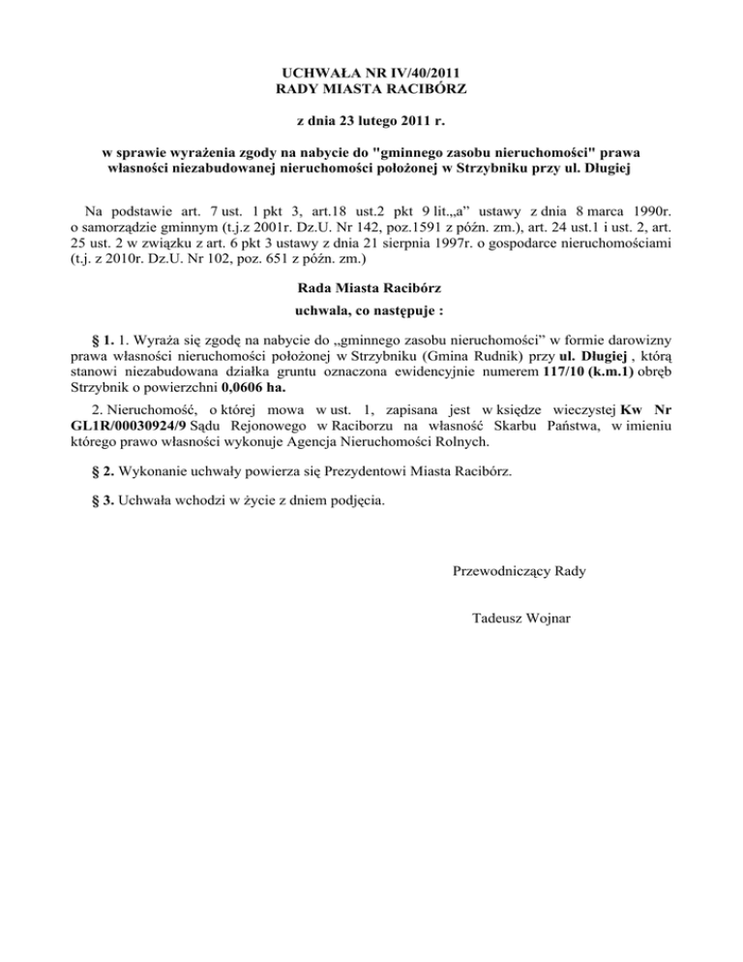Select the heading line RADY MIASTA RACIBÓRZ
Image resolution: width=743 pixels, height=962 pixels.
371,90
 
